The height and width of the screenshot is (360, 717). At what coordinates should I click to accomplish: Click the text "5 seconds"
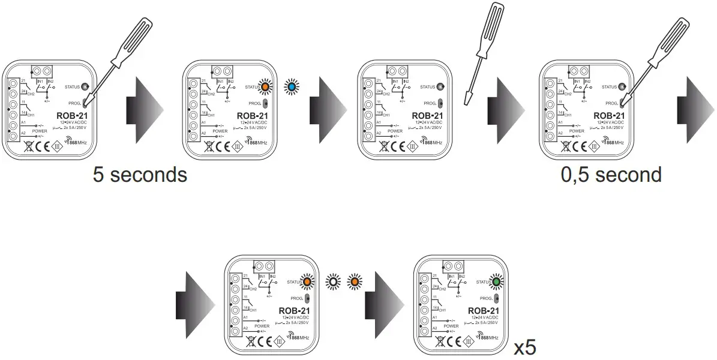(140, 175)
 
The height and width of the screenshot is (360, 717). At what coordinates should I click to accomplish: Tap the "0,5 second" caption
(611, 175)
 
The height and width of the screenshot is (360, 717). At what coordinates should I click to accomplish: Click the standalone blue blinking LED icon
(292, 88)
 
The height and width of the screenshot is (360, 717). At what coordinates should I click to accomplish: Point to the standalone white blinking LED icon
(332, 281)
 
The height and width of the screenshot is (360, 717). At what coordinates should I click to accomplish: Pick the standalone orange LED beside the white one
(354, 281)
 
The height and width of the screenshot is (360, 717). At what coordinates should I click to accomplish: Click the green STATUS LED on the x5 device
(496, 281)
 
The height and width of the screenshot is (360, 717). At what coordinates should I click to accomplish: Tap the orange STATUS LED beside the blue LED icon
(265, 88)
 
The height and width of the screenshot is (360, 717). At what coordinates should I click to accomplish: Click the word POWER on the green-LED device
(451, 326)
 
